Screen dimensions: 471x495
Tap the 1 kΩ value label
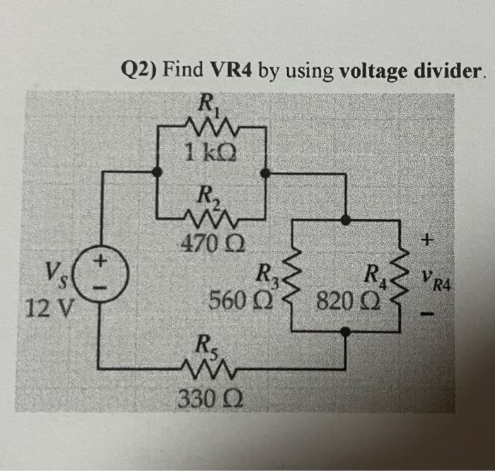point(212,151)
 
